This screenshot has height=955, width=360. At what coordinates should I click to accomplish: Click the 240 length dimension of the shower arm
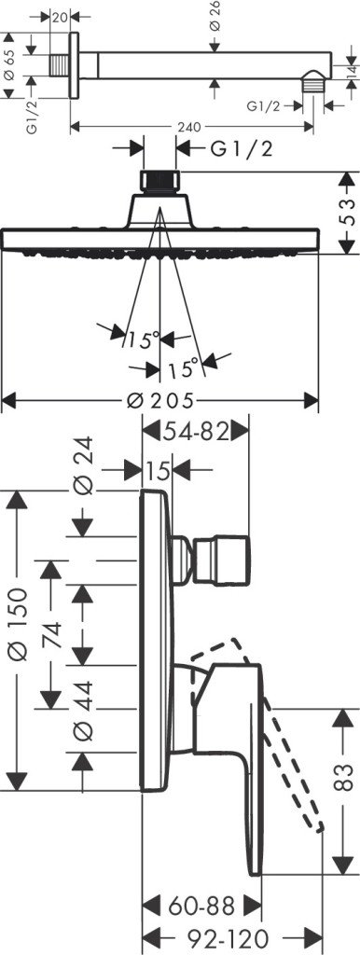[189, 127]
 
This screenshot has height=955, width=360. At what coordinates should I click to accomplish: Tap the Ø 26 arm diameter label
[214, 17]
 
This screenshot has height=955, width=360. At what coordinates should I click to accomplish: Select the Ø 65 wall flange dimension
[9, 65]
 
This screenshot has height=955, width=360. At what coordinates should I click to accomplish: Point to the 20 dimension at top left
[59, 17]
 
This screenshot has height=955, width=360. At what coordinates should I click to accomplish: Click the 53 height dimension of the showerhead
[345, 213]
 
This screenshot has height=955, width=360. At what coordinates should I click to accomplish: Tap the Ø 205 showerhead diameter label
[160, 401]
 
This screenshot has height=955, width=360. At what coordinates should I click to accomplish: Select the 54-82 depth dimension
[196, 432]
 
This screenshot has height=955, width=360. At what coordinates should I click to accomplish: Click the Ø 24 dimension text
[82, 465]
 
